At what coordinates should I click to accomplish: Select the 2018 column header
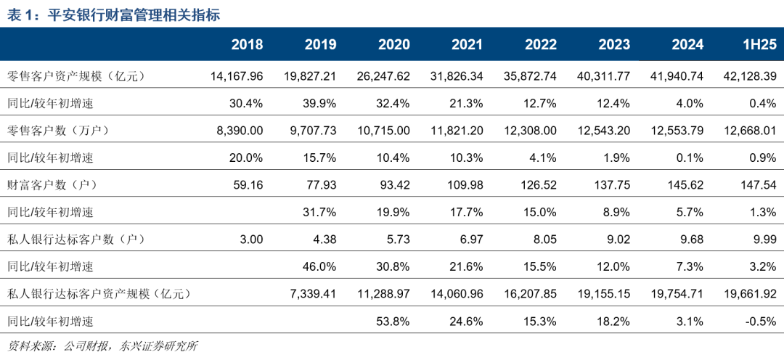coord(247,45)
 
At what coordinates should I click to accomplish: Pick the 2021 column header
coord(467,45)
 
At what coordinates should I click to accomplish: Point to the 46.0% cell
coord(318,266)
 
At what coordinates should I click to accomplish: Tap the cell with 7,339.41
coord(313,293)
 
